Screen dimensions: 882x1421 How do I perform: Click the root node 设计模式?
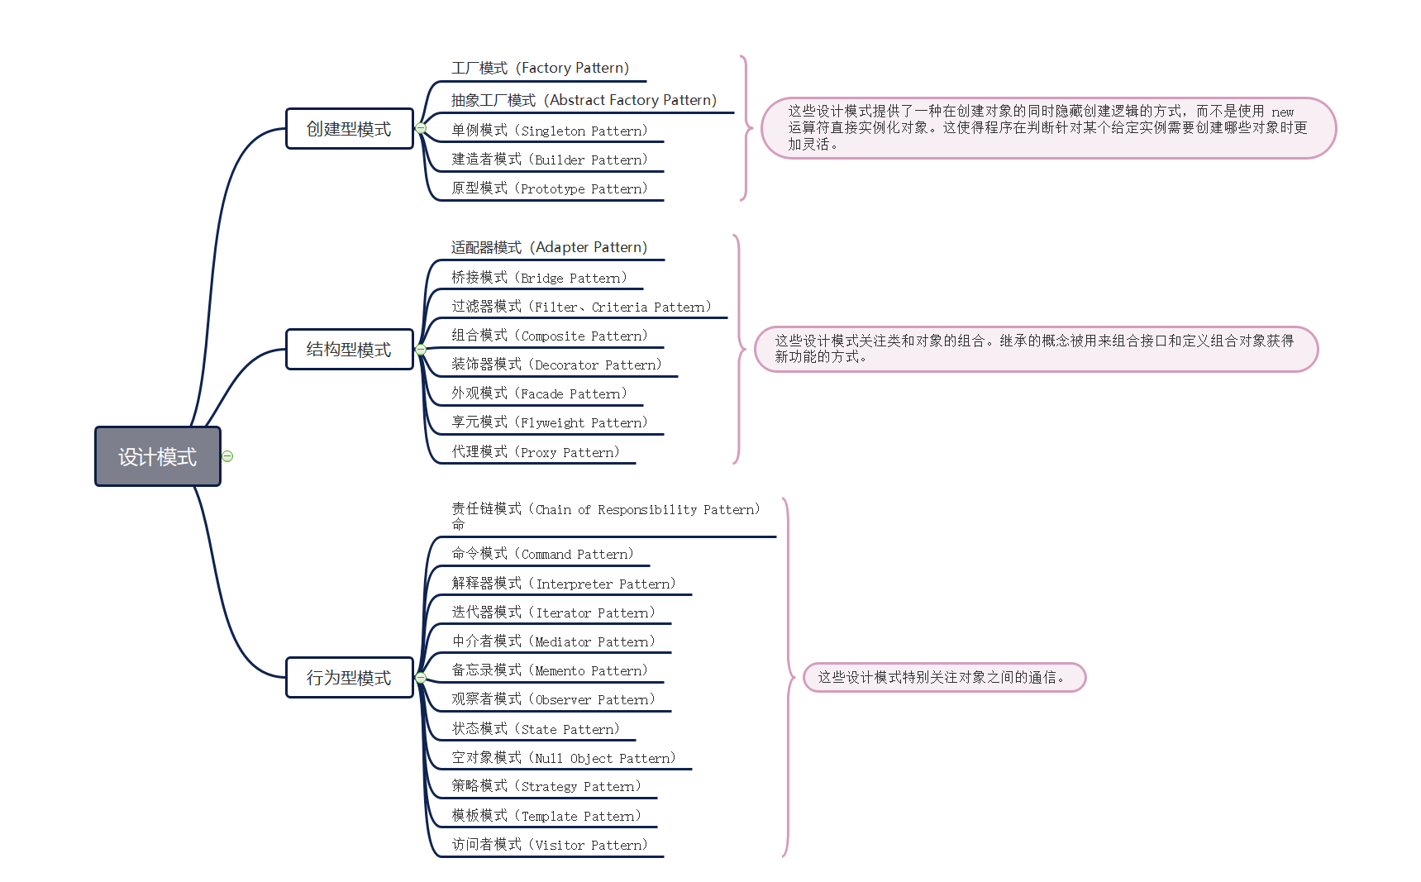click(157, 456)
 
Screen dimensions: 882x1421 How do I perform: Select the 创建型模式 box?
click(349, 129)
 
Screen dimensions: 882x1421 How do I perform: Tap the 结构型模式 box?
click(349, 350)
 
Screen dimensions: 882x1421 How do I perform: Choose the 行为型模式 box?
click(349, 678)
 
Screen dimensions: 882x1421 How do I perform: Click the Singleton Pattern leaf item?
click(549, 131)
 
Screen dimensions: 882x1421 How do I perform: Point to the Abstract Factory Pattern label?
click(584, 100)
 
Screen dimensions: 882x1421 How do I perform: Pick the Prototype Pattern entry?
click(549, 188)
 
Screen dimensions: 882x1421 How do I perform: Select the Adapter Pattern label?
click(549, 247)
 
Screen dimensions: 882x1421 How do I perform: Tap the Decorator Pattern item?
click(556, 365)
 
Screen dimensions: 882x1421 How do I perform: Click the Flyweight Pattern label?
click(549, 422)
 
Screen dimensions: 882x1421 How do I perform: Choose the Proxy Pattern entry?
click(535, 452)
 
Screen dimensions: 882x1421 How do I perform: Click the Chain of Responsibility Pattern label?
click(605, 509)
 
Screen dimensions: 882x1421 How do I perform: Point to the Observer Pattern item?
click(553, 699)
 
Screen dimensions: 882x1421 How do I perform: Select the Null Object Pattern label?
click(563, 758)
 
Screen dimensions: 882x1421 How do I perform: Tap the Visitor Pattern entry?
click(549, 845)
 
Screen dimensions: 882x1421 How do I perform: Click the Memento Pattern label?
click(549, 670)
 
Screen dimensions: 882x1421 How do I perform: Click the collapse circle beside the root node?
click(227, 456)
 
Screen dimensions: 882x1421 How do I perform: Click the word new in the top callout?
click(1282, 112)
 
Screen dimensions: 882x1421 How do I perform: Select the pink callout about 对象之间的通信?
click(944, 678)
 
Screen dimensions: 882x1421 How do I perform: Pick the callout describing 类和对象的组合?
click(1036, 349)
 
